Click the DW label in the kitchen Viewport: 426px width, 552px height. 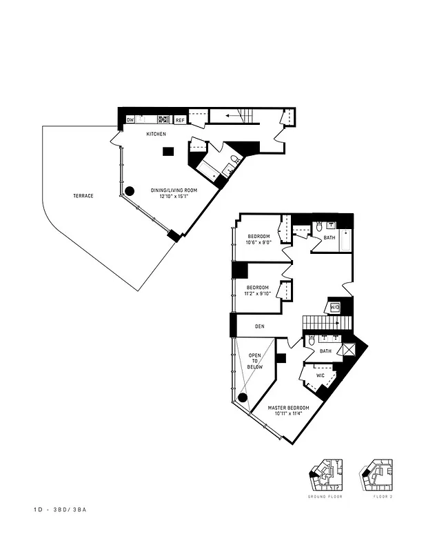(x=130, y=120)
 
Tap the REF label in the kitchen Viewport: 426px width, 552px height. (x=180, y=120)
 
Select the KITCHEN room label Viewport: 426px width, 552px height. (x=156, y=134)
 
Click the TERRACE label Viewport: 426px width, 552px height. (x=83, y=196)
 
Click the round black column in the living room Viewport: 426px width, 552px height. (x=129, y=191)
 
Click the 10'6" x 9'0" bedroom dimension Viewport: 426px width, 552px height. (x=259, y=242)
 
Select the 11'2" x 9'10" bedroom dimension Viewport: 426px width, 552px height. (x=259, y=294)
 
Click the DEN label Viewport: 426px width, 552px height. (x=260, y=326)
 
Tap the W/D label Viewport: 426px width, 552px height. (x=336, y=307)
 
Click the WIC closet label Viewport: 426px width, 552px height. (x=320, y=375)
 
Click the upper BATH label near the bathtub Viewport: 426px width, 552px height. (x=329, y=237)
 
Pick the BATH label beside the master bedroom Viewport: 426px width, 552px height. (x=325, y=351)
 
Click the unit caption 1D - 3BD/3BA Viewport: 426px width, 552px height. (x=64, y=510)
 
